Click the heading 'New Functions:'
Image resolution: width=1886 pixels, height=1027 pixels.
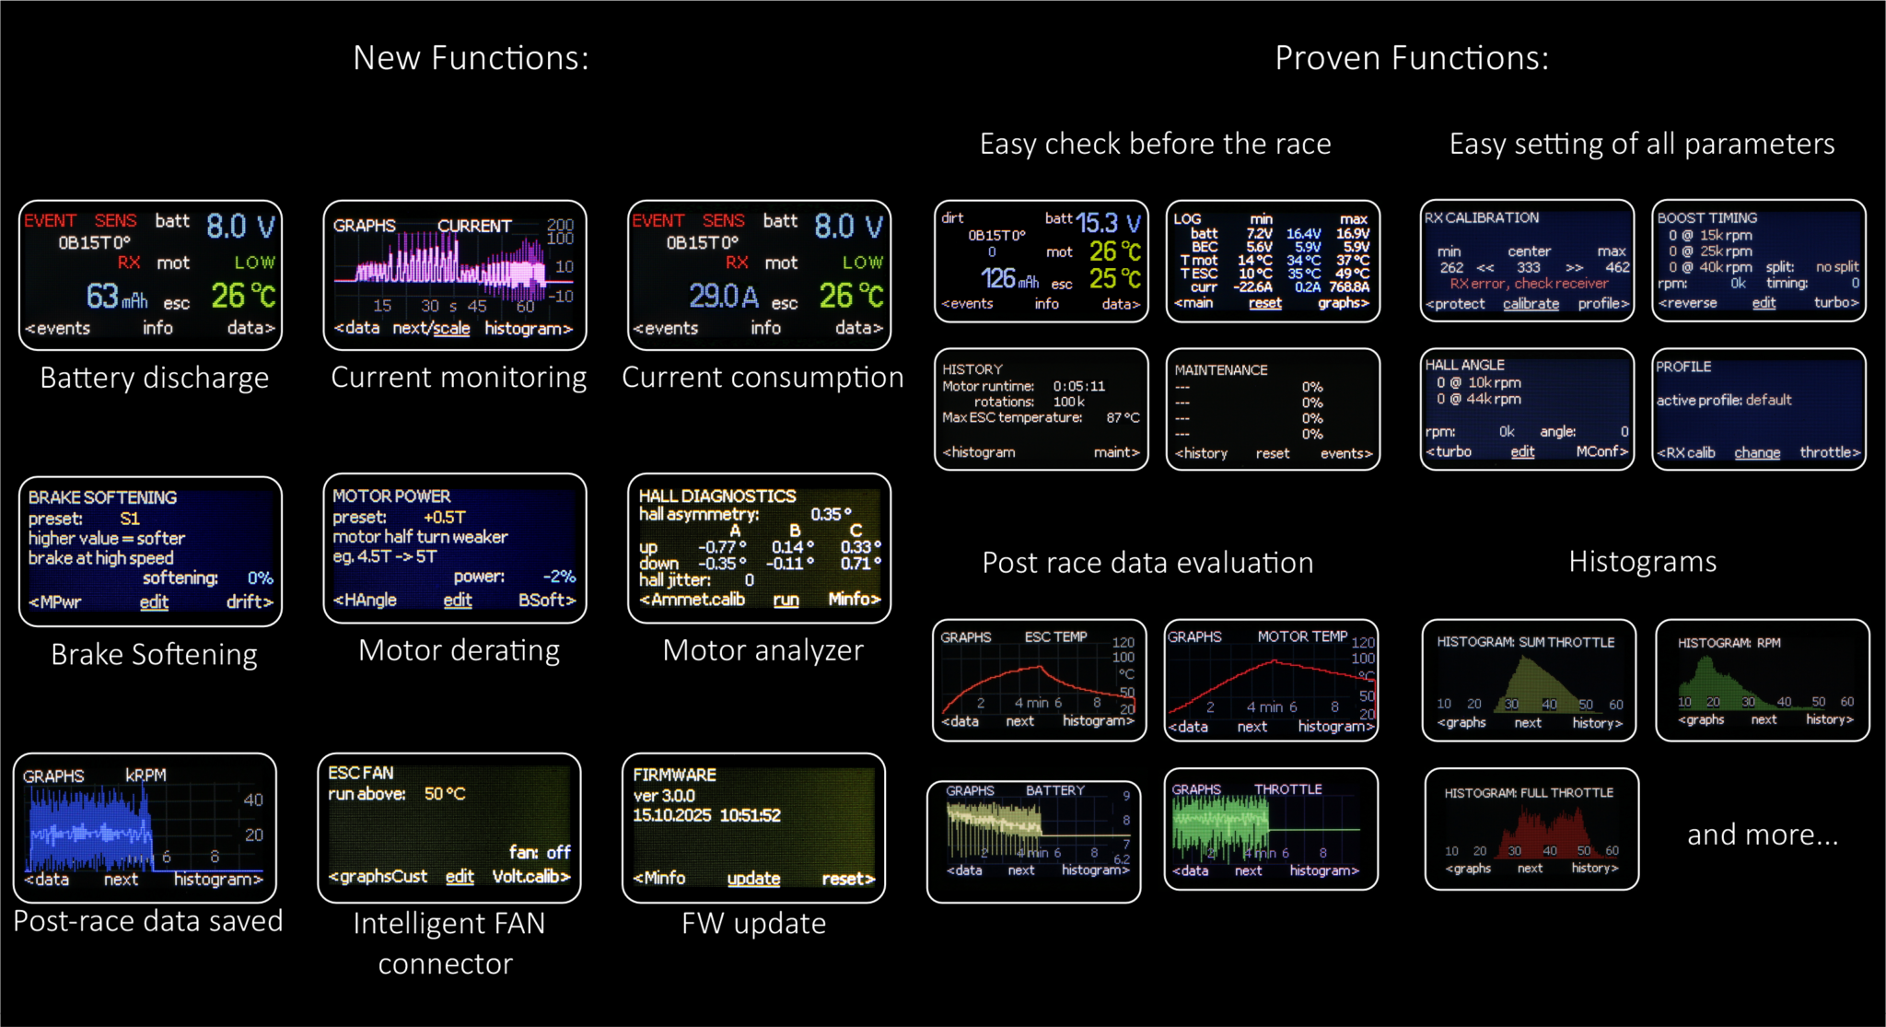[471, 58]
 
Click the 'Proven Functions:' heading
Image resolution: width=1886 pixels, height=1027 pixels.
[1411, 58]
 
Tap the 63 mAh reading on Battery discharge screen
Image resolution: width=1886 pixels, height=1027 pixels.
[116, 297]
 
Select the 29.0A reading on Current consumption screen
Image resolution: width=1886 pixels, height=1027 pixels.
[724, 297]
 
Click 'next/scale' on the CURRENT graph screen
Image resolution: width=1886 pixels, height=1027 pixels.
[431, 328]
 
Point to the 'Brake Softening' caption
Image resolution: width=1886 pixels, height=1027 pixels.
[154, 654]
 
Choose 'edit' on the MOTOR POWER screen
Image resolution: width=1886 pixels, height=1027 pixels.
[458, 601]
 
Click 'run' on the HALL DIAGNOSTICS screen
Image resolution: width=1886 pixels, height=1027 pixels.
[786, 600]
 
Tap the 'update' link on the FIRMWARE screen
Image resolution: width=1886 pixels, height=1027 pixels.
[753, 879]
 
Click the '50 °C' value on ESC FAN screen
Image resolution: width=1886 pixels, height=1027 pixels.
[445, 794]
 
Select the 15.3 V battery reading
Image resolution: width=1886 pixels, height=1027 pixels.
[1108, 223]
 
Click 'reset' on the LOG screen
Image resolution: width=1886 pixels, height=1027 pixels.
[1265, 303]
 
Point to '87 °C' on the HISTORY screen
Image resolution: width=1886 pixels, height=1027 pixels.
[1123, 418]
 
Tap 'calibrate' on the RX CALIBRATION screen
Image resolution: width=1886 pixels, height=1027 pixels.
[1531, 304]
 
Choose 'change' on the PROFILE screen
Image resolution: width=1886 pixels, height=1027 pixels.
[1757, 453]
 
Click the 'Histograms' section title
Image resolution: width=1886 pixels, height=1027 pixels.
[1642, 561]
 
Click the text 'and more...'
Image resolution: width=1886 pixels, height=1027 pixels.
[1762, 834]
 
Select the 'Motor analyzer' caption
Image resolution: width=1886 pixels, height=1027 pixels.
[763, 650]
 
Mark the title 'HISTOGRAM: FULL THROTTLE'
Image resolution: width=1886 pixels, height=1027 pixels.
[1529, 793]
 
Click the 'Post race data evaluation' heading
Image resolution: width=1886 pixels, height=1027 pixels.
[1147, 562]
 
